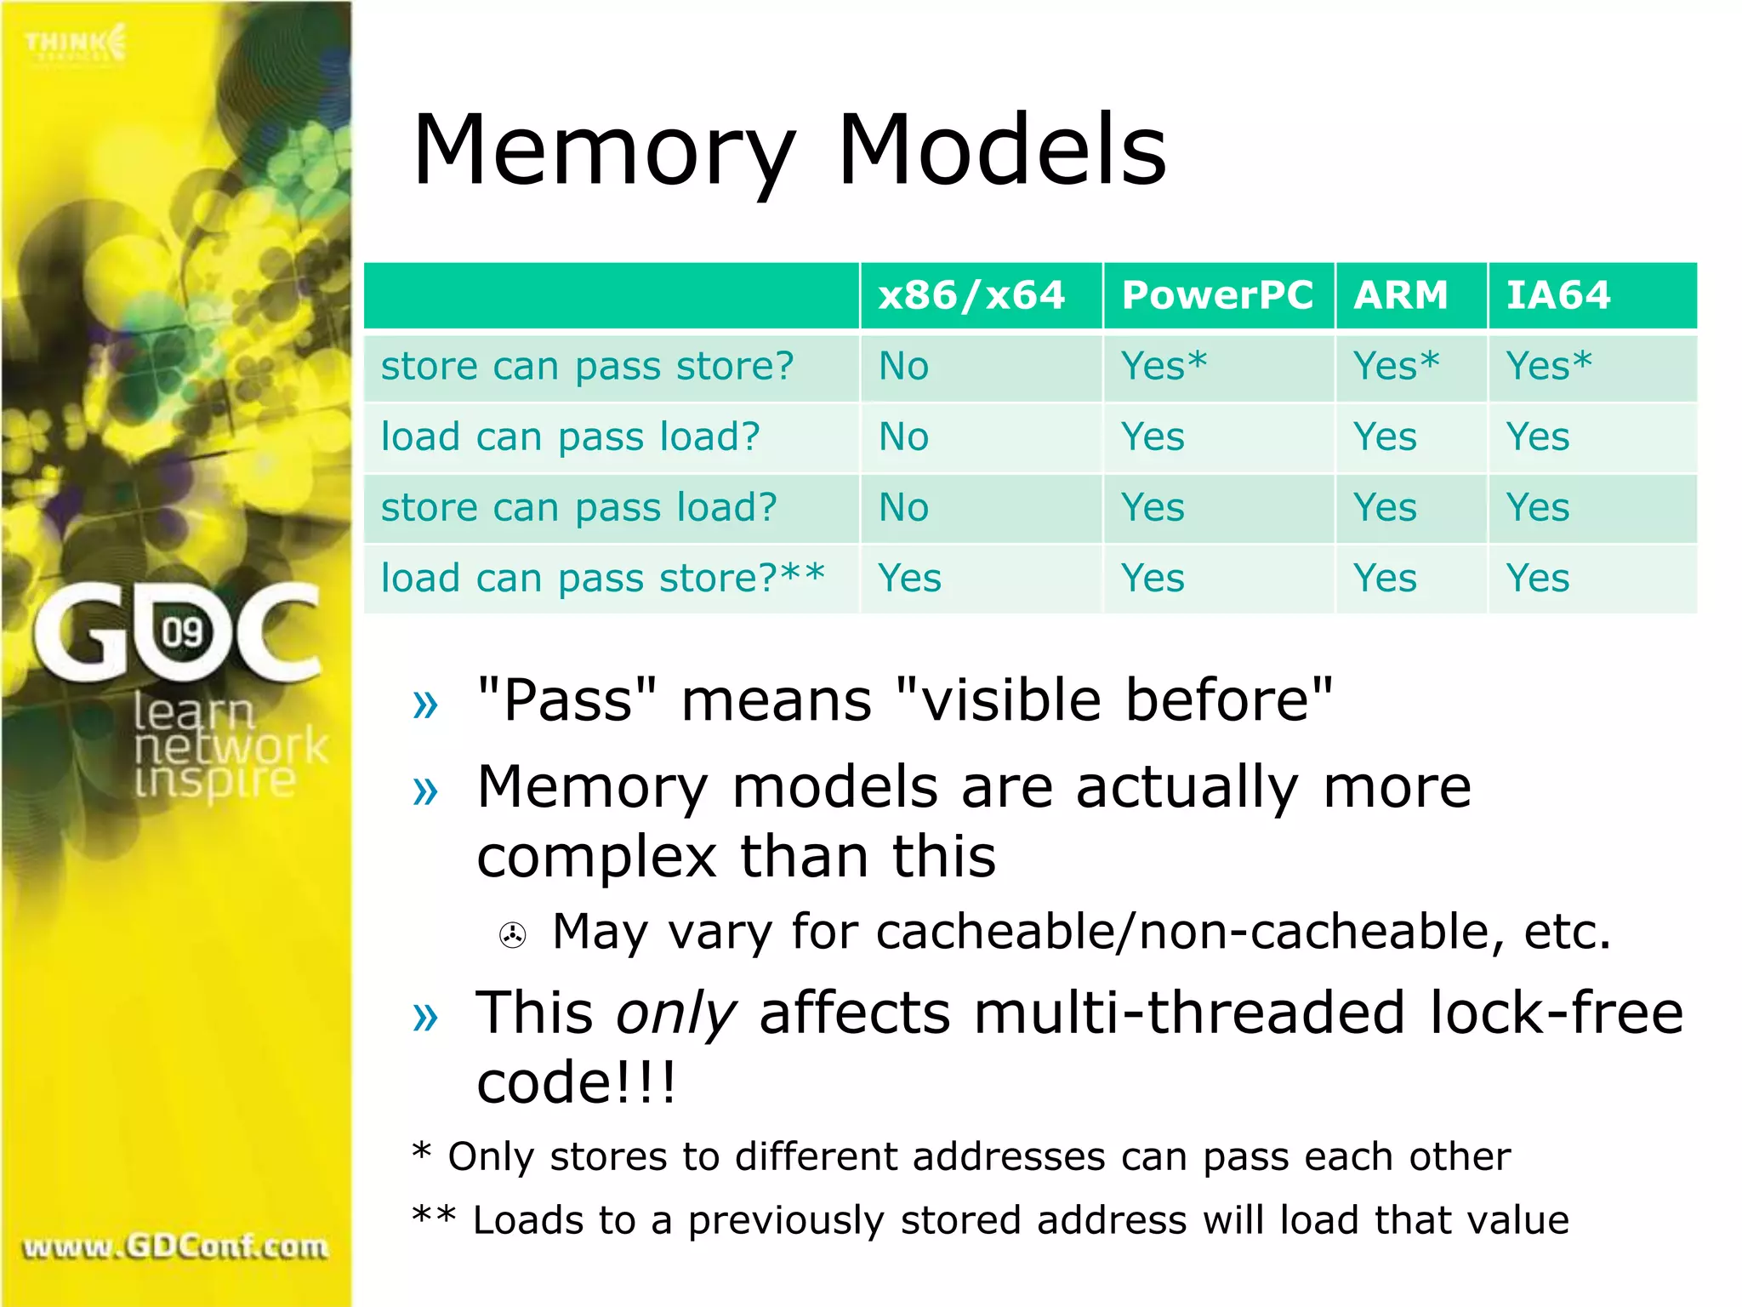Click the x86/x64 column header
coord(971,295)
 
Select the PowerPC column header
coord(1217,295)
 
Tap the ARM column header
coord(1401,295)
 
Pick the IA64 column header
coord(1558,295)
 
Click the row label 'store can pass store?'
coord(587,367)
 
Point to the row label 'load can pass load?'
coord(570,437)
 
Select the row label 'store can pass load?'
coord(578,508)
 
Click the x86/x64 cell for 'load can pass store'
coord(909,579)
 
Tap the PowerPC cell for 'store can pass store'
coord(1164,367)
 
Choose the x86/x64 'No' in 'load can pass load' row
coord(903,437)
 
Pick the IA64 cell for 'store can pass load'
coord(1537,508)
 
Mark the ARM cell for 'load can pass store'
coord(1385,579)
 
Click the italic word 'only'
coord(675,1014)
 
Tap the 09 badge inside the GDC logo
coord(183,632)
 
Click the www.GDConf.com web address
coord(175,1247)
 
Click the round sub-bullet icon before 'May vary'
coord(512,936)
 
